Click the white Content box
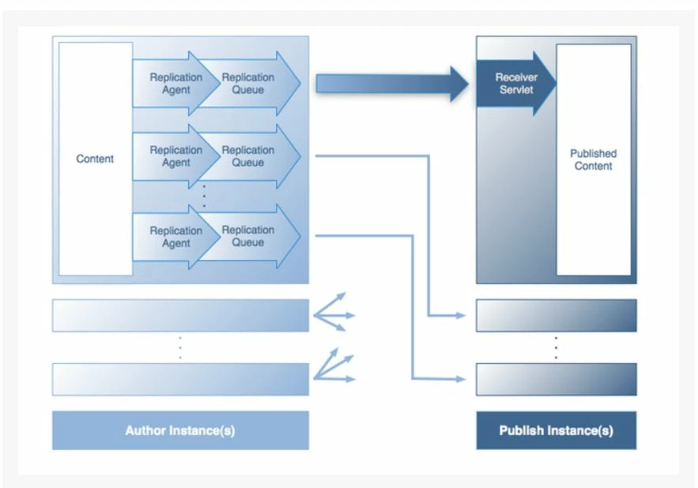pyautogui.click(x=95, y=159)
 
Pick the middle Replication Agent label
pyautogui.click(x=175, y=157)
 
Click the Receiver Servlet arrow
pyautogui.click(x=515, y=84)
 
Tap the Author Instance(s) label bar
pyautogui.click(x=180, y=431)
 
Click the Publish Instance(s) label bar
pyautogui.click(x=556, y=431)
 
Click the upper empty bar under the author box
pyautogui.click(x=180, y=316)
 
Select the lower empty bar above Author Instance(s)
pyautogui.click(x=180, y=379)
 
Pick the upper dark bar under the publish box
pyautogui.click(x=556, y=316)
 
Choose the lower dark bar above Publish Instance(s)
pyautogui.click(x=556, y=379)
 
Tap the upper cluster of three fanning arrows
pyautogui.click(x=334, y=312)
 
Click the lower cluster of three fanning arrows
pyautogui.click(x=334, y=367)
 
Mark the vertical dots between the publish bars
pyautogui.click(x=556, y=347)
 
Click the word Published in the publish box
pyautogui.click(x=594, y=153)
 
